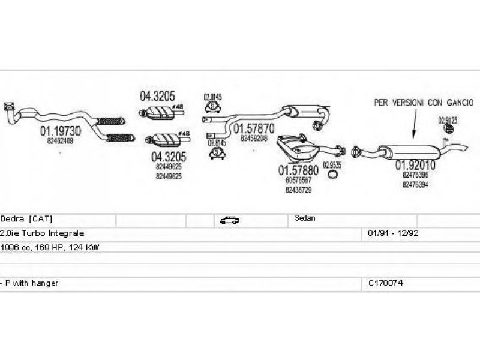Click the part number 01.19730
point(57,131)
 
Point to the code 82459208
point(254,138)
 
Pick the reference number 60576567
point(298,180)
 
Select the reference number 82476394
point(415,184)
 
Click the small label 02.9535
point(332,164)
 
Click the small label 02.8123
point(447,120)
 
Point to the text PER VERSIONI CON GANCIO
point(424,103)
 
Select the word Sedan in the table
point(305,219)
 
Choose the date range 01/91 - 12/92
point(393,233)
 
